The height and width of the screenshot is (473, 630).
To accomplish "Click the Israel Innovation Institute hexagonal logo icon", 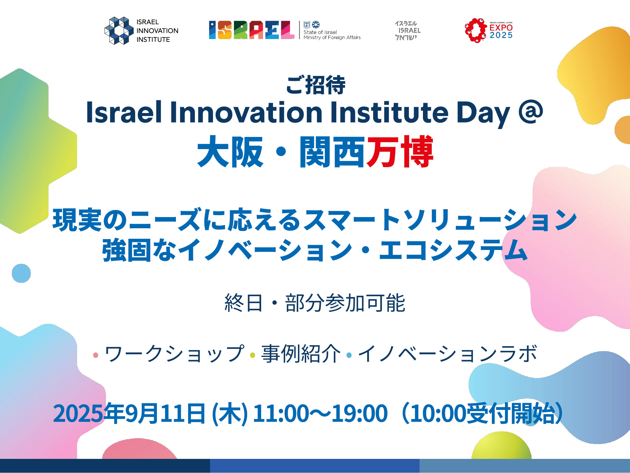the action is pos(119,31).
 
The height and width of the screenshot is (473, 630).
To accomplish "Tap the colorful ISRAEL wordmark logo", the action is pos(252,30).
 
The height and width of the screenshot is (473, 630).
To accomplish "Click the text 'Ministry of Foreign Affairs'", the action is pos(332,37).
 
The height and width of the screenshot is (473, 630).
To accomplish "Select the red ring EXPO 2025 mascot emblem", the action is pos(475,31).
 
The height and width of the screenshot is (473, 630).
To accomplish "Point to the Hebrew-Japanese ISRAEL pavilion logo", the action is pos(408,31).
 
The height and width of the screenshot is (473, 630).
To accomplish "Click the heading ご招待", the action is pos(315,85).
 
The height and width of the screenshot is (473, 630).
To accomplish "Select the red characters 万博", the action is pos(400,151).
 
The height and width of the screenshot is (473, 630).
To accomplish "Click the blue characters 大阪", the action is pos(230,151).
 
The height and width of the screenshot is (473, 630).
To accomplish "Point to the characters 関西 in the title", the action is pos(332,151).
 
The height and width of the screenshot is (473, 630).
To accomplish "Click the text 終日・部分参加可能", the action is pos(315,303).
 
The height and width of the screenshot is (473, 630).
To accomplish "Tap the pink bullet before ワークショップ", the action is pos(96,355).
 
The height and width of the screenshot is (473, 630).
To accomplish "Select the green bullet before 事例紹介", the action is pos(253,355).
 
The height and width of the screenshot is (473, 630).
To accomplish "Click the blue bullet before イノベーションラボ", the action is pos(349,355).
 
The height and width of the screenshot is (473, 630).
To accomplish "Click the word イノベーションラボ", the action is pos(448,354).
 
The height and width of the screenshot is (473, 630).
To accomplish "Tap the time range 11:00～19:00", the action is pos(320,413).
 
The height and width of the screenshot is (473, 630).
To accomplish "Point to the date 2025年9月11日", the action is pos(129,413).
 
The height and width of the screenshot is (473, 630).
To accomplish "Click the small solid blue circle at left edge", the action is pos(21,273).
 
